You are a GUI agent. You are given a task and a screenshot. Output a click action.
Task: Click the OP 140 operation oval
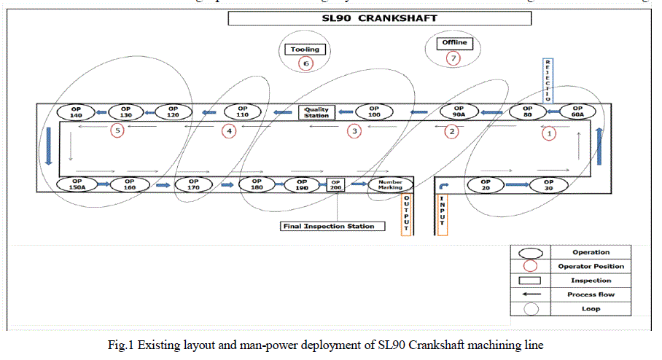pyautogui.click(x=77, y=112)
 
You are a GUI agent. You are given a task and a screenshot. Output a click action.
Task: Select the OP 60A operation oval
pyautogui.click(x=577, y=112)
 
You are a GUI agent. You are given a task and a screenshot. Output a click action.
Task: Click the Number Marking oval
pyautogui.click(x=391, y=185)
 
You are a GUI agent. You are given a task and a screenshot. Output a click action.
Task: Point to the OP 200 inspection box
pyautogui.click(x=336, y=185)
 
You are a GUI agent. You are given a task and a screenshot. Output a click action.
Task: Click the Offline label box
pyautogui.click(x=453, y=43)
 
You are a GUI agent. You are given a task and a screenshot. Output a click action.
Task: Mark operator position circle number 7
pyautogui.click(x=453, y=58)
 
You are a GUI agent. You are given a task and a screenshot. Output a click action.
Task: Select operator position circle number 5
pyautogui.click(x=117, y=131)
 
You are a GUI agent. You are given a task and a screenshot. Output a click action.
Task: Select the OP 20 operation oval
pyautogui.click(x=486, y=185)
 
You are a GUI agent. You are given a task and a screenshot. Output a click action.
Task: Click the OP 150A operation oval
pyautogui.click(x=77, y=185)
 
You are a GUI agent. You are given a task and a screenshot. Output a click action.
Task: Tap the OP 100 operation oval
pyautogui.click(x=374, y=112)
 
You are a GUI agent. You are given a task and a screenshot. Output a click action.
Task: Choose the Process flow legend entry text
pyautogui.click(x=591, y=294)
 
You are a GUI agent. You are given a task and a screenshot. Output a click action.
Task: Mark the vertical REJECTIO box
pyautogui.click(x=548, y=80)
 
